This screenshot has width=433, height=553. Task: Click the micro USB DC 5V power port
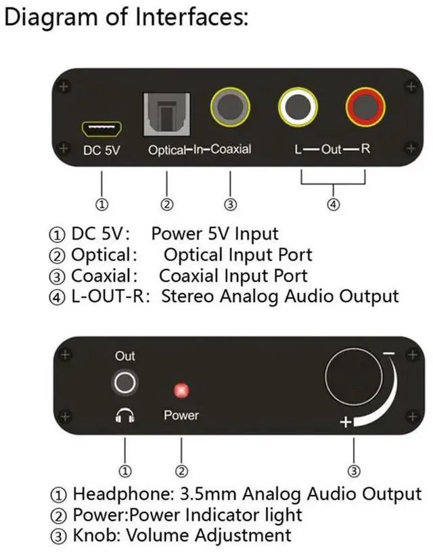(101, 127)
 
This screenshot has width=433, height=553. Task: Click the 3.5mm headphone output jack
(124, 384)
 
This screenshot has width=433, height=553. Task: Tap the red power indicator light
(181, 391)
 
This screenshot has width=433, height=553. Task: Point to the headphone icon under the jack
(124, 416)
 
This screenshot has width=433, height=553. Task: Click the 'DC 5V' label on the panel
(101, 151)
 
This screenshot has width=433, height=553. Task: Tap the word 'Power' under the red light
(181, 415)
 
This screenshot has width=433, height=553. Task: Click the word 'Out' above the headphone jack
(125, 357)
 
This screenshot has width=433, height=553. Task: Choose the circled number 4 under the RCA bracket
(334, 204)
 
